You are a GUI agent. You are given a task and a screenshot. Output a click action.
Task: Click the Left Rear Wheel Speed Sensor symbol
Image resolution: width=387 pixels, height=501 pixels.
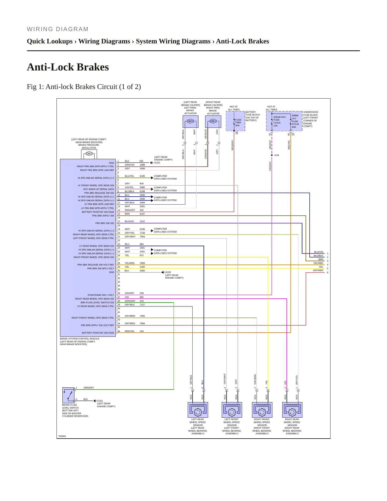(198, 410)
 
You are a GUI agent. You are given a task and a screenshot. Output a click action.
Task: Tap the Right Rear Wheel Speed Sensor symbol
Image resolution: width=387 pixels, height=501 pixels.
(292, 410)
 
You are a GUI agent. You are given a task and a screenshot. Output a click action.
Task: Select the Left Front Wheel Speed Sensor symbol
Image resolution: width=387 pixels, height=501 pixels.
(232, 410)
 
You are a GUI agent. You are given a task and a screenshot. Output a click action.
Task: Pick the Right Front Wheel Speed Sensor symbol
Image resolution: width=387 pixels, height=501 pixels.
(262, 410)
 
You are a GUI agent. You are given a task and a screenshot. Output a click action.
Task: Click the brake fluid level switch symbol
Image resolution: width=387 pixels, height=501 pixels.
(69, 395)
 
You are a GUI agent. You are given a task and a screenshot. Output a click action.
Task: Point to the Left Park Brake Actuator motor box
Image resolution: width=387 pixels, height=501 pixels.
(190, 121)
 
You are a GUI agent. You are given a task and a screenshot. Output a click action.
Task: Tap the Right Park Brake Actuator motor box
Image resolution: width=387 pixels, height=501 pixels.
(213, 121)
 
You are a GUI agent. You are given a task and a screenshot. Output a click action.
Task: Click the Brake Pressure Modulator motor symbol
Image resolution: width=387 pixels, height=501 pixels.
(89, 154)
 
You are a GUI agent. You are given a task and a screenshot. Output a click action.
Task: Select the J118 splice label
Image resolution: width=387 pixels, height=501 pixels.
(276, 155)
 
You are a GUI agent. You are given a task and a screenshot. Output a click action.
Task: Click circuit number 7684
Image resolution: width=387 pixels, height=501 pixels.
(142, 323)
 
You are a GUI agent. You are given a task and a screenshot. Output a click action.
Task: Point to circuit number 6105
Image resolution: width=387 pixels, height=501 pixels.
(142, 176)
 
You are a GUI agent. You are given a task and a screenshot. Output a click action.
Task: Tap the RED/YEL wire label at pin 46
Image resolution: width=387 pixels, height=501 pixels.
(130, 331)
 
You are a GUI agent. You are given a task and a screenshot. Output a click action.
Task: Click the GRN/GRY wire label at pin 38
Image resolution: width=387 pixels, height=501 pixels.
(130, 301)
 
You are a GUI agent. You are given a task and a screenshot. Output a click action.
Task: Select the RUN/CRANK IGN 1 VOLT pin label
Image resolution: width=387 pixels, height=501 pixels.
(101, 295)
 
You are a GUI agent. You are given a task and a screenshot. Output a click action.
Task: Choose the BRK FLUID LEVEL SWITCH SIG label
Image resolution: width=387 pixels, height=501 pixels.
(97, 302)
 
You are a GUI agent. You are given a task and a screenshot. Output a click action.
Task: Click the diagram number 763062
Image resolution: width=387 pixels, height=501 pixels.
(62, 436)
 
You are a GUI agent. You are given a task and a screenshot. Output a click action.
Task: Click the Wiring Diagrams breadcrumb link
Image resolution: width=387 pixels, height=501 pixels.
(104, 41)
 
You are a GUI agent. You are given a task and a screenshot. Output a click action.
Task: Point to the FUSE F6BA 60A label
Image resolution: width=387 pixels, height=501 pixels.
(238, 122)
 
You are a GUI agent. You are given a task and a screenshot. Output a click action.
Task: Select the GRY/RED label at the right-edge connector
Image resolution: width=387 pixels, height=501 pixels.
(318, 270)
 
